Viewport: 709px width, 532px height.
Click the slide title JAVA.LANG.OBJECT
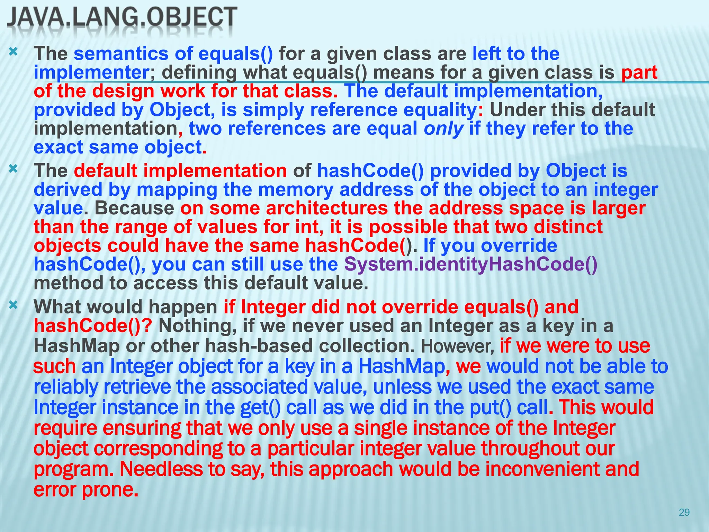click(122, 17)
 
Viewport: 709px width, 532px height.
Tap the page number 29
click(684, 512)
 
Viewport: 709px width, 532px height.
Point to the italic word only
click(443, 128)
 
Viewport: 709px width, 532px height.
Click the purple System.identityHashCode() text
click(471, 264)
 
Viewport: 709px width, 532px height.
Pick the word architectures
click(327, 208)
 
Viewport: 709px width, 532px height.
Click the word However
click(458, 346)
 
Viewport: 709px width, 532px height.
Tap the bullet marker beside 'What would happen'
click(13, 305)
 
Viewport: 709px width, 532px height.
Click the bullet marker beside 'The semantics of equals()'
click(13, 52)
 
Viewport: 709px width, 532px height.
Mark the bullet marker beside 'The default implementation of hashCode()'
click(13, 169)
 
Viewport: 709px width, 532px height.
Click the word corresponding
click(158, 449)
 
